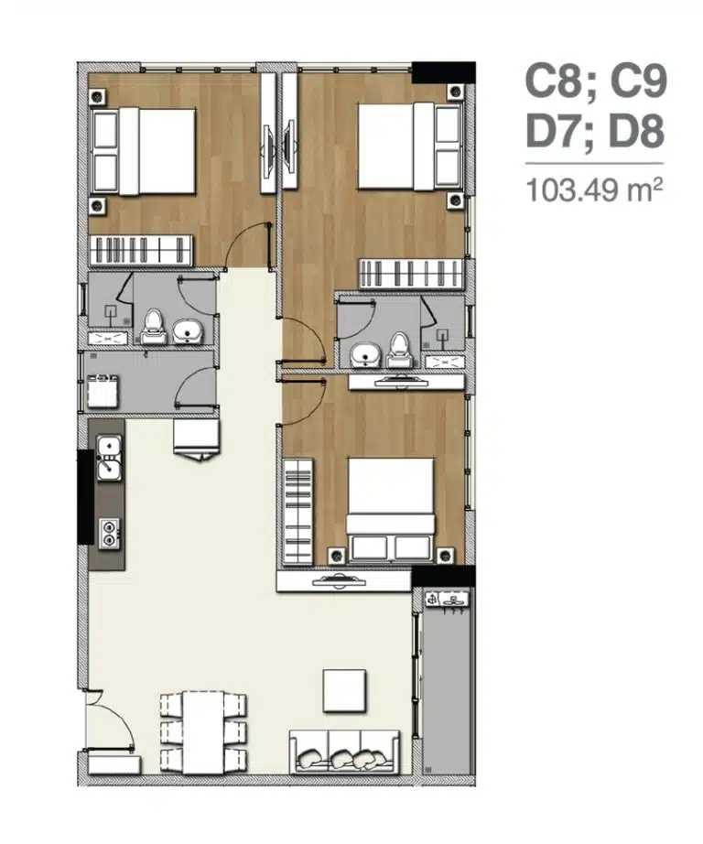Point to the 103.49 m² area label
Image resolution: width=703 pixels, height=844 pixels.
(x=594, y=190)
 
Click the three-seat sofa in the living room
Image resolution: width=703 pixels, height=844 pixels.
(x=345, y=752)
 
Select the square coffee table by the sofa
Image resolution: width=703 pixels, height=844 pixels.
(x=344, y=691)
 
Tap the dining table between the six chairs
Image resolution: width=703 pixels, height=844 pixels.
(x=203, y=732)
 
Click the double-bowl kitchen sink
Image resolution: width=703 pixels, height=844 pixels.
(x=109, y=458)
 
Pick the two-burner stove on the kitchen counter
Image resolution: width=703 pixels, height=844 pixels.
(x=109, y=534)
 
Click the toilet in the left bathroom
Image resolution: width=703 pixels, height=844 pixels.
(x=154, y=328)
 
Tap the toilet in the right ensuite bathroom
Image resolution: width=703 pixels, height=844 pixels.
(x=400, y=351)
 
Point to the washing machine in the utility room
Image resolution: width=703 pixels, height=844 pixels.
(x=103, y=391)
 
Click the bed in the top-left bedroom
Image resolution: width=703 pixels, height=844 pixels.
(x=144, y=151)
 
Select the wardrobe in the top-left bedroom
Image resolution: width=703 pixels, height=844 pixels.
(x=141, y=250)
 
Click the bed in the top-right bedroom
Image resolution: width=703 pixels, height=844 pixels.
(x=410, y=146)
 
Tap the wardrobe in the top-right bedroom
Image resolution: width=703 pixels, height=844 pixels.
(x=411, y=275)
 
